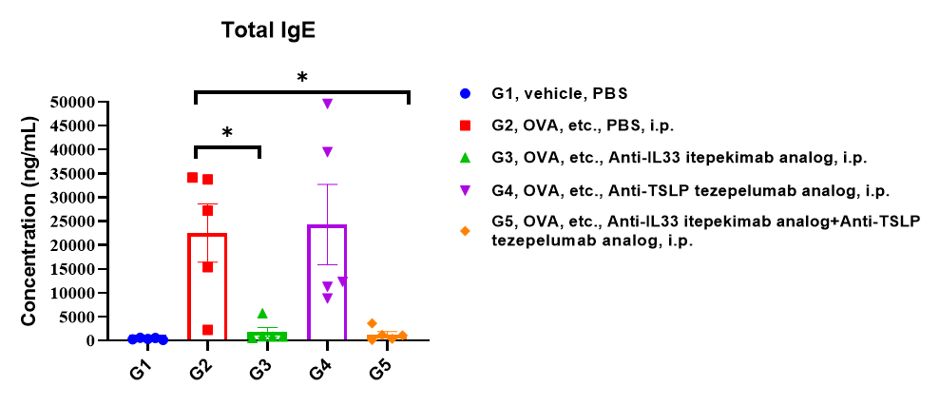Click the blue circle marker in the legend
click(465, 93)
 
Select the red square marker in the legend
click(465, 125)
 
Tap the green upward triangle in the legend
click(465, 158)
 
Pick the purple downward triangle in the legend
click(465, 191)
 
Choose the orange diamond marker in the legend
click(465, 231)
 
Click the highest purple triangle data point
click(328, 104)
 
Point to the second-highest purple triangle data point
click(328, 152)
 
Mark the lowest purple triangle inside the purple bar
click(328, 299)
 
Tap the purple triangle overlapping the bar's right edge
click(343, 281)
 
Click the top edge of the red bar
click(207, 235)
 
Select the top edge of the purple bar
click(327, 226)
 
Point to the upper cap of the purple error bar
click(327, 184)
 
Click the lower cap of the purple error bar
click(327, 264)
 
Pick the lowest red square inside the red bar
click(207, 330)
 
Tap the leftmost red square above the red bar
click(192, 178)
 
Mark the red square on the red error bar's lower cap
click(207, 267)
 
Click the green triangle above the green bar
click(262, 313)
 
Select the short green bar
click(267, 337)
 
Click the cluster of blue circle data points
click(148, 338)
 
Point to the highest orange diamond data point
click(373, 323)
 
